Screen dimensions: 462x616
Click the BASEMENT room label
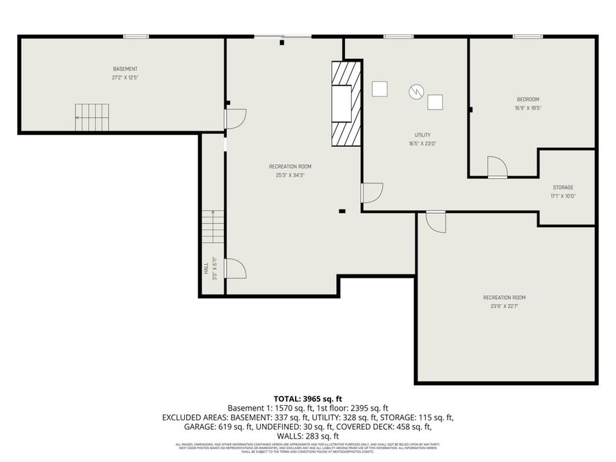125,69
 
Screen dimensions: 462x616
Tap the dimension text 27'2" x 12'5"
125,78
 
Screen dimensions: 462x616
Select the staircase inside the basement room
92,117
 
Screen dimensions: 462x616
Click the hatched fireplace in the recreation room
345,104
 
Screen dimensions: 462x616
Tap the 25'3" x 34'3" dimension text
290,175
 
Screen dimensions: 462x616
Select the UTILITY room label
422,135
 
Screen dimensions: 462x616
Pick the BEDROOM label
527,99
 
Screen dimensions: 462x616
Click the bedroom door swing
497,166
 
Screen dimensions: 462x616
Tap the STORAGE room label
563,188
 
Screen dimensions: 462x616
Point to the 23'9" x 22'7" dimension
504,307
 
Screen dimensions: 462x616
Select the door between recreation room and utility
372,193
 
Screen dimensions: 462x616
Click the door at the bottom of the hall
235,268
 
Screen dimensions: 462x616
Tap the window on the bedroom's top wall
528,36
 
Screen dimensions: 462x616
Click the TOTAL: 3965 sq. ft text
307,398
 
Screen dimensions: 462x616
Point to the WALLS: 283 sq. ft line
307,436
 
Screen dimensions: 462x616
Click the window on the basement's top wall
136,36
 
